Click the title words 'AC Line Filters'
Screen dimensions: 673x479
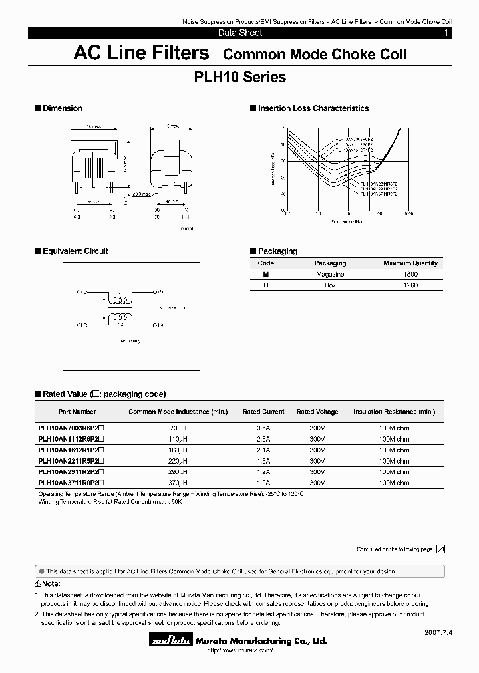(141, 53)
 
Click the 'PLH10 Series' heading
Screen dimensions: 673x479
(239, 78)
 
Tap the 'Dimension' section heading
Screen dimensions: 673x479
(62, 108)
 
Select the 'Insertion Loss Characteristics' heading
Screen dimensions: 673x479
(313, 108)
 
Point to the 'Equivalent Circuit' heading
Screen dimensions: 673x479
(75, 251)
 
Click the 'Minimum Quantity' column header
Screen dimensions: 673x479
(410, 263)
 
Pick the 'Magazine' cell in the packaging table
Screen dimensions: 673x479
(330, 274)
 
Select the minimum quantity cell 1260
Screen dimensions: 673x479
(410, 285)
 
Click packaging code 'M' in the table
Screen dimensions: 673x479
(265, 274)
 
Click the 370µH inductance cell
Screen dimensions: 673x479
(178, 483)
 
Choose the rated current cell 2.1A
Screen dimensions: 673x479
(263, 450)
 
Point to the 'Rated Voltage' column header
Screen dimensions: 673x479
(317, 412)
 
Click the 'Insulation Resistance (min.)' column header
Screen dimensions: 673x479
(394, 412)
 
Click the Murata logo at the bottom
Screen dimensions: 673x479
(171, 641)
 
